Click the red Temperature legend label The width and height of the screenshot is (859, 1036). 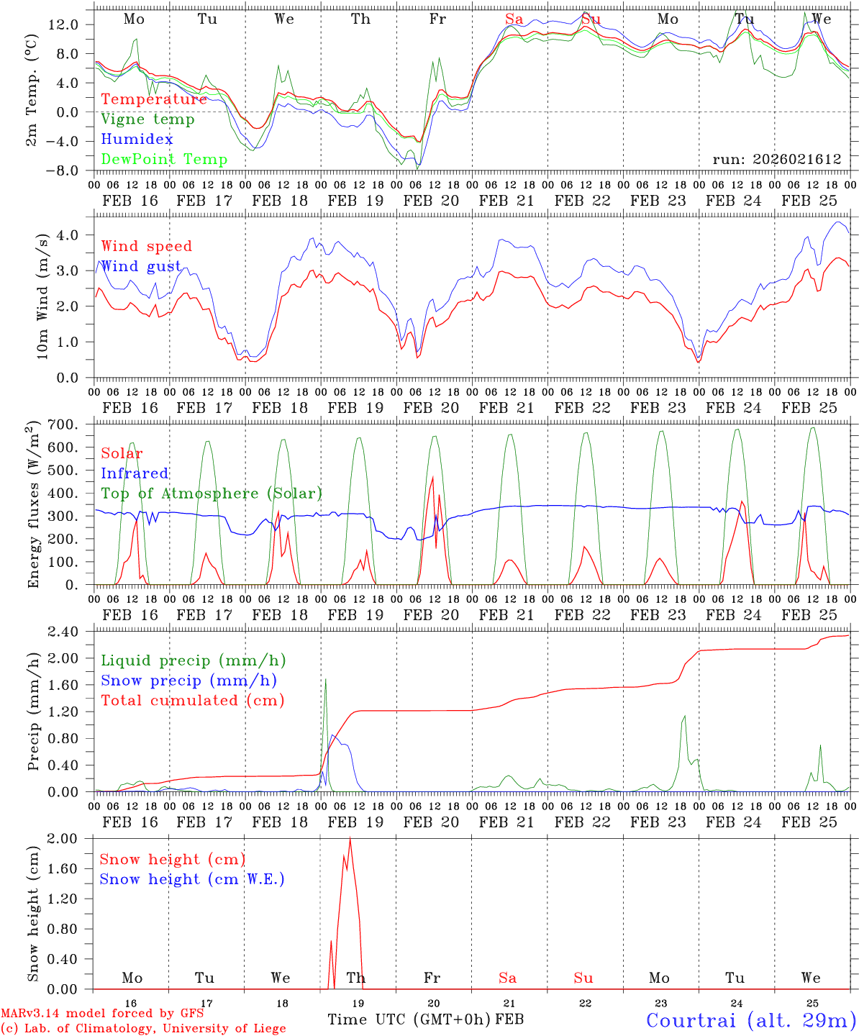tap(154, 99)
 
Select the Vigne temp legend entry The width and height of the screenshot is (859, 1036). tap(147, 119)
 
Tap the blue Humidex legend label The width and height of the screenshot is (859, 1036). tap(137, 140)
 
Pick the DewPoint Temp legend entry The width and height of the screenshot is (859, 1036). tap(164, 160)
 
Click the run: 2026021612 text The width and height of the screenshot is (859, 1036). tap(776, 160)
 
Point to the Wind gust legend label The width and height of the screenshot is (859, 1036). tap(141, 267)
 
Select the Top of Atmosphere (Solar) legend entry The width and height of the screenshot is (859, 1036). tap(212, 494)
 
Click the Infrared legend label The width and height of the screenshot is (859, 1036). tap(135, 473)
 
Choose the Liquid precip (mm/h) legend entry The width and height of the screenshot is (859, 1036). tap(193, 660)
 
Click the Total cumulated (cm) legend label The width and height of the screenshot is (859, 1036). tap(192, 701)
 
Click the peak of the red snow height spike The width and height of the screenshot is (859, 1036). tap(350, 838)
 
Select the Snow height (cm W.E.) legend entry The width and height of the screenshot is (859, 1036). tap(192, 879)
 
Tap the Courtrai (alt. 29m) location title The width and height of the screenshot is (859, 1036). tap(751, 1019)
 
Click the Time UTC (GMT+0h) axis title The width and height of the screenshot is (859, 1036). tap(409, 1019)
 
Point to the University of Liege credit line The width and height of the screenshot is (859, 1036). tap(143, 1028)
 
